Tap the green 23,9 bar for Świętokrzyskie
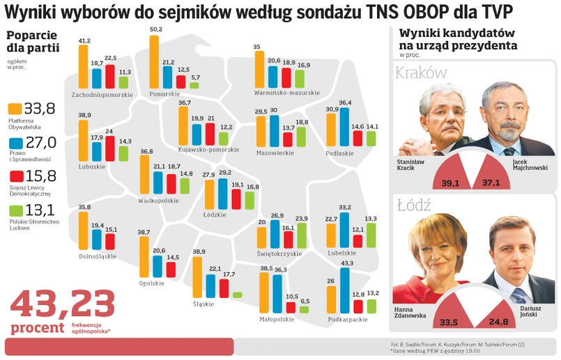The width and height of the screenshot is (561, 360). [301, 235]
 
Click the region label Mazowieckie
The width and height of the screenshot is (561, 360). [275, 152]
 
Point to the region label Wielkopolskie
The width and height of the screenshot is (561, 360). [159, 201]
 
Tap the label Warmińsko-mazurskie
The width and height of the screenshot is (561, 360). [287, 93]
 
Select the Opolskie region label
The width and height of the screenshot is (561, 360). [152, 283]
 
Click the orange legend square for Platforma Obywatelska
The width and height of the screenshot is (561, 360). [14, 109]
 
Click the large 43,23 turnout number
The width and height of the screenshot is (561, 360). [62, 304]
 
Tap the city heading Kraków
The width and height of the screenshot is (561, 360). [421, 73]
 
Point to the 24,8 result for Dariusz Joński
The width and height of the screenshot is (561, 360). [498, 322]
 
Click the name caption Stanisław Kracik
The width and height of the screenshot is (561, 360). [412, 165]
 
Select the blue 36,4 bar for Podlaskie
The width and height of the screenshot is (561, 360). [344, 126]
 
